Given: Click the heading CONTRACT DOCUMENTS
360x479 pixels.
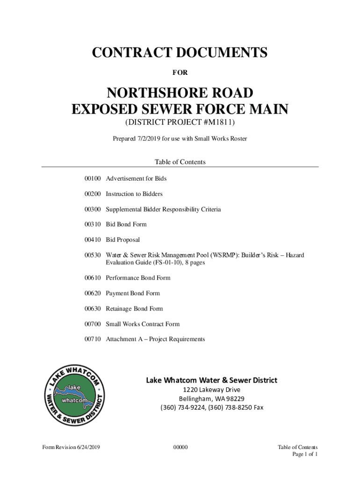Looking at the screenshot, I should point(180,53).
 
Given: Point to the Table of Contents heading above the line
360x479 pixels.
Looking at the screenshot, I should point(180,162).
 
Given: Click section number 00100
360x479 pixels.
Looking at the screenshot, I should point(93,179).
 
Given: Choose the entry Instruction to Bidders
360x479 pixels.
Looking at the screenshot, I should point(134,194).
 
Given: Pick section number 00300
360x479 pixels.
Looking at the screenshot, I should point(93,209).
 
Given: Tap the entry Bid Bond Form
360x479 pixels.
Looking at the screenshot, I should point(126,225).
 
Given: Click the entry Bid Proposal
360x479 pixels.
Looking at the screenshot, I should point(122,239).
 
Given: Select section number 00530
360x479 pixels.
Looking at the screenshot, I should point(93,255).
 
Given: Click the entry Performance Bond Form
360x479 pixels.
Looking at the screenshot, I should point(138,278).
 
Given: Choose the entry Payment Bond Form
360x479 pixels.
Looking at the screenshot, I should point(133,293).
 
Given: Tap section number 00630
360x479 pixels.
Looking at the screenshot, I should point(93,309).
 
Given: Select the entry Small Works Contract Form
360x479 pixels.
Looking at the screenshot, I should point(143,324).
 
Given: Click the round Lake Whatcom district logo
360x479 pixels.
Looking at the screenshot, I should point(75,395).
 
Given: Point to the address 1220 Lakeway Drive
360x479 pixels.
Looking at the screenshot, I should point(211,390).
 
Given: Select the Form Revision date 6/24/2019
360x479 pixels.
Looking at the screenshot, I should point(88,448).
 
